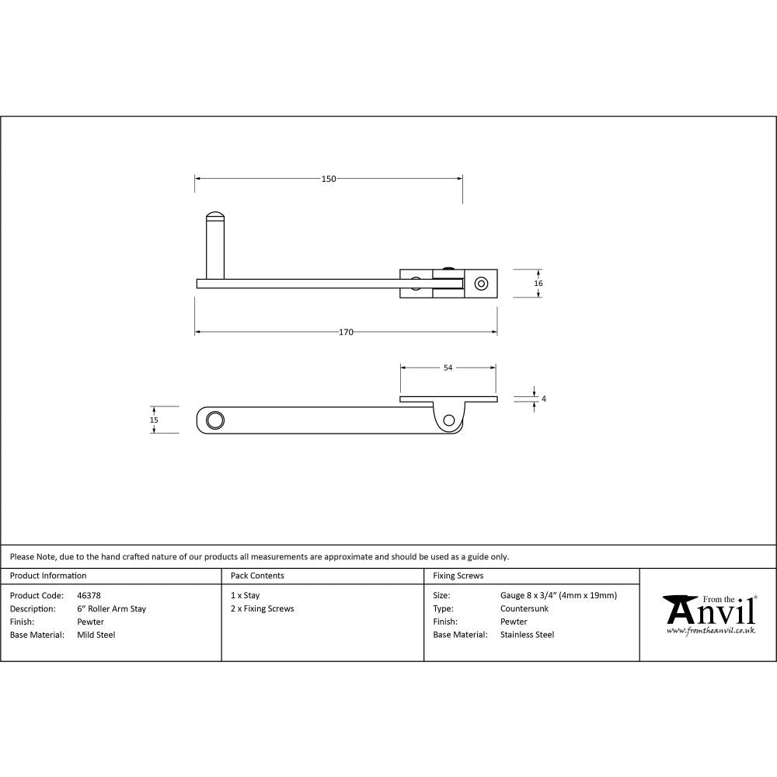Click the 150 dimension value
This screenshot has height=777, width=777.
pos(329,179)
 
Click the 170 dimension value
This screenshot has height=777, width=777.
pos(346,333)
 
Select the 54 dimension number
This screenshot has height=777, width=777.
pos(448,368)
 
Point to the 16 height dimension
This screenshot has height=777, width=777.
pos(538,284)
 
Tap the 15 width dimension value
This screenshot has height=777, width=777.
pos(154,420)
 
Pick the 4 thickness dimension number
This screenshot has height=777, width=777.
pos(544,399)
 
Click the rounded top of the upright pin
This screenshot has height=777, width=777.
pos(214,216)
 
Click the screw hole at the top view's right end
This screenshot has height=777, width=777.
pos(482,283)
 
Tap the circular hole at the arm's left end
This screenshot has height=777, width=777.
pos(214,420)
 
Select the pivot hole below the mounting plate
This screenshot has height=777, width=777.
pos(448,421)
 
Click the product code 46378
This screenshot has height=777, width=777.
pos(89,596)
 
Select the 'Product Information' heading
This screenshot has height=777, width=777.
pos(48,576)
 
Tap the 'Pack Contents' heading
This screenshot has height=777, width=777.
pos(257,576)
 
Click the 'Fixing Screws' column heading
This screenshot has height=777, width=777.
pos(458,576)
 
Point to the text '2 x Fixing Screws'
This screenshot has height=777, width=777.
pos(263,609)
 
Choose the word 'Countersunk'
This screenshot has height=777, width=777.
pos(524,609)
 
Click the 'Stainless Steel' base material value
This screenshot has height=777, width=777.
pos(528,635)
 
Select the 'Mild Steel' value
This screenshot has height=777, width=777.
pos(96,635)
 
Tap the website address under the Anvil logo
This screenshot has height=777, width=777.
pos(711,631)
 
